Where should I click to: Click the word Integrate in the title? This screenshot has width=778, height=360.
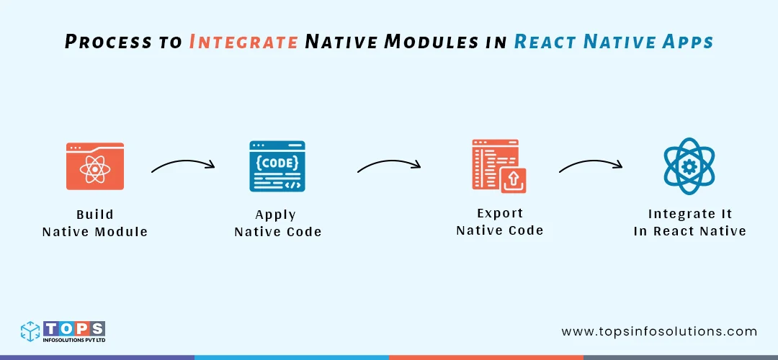(243, 42)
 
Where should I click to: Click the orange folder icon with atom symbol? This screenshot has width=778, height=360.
(95, 166)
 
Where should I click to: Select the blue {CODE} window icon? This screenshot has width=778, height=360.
(277, 166)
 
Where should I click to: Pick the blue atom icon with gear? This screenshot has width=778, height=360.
(689, 166)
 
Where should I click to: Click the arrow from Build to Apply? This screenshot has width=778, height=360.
(183, 165)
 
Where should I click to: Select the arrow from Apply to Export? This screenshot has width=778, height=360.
(389, 165)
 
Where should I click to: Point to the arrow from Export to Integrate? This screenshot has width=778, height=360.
(591, 165)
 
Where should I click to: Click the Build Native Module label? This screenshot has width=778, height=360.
(95, 223)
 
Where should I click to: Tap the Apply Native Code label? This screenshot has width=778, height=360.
(277, 223)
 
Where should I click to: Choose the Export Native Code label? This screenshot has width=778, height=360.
(499, 222)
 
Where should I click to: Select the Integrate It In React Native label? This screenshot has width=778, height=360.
(689, 222)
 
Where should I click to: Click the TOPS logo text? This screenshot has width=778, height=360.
(75, 328)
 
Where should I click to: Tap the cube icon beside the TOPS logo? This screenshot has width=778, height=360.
(31, 331)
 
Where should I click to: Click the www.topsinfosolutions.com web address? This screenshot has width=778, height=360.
(659, 332)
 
